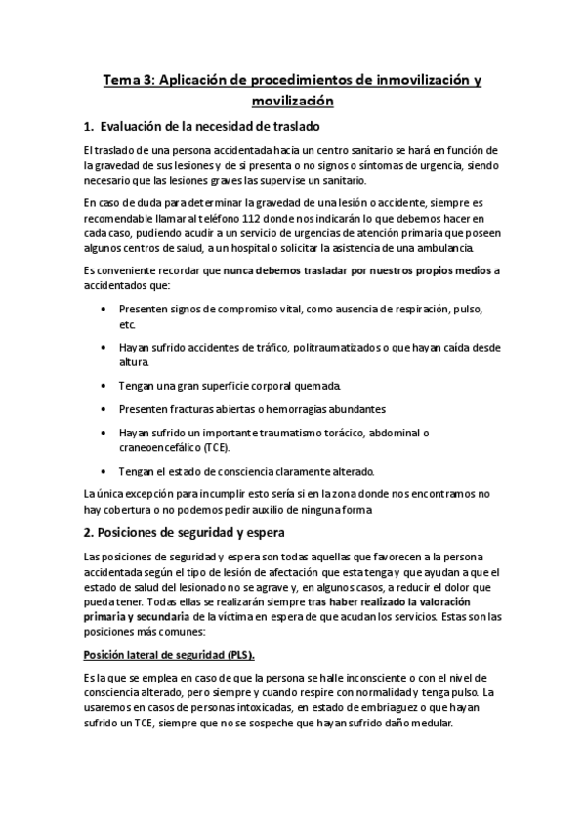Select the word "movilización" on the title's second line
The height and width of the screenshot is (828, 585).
coord(292,100)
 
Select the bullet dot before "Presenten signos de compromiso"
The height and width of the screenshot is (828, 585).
coord(105,309)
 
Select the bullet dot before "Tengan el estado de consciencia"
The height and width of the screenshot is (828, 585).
coord(105,471)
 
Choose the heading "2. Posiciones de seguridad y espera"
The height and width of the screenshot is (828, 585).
coord(184,532)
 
